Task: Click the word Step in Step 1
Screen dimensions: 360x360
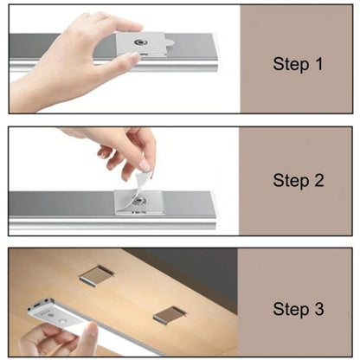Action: click(x=289, y=64)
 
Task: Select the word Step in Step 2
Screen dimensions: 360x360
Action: click(x=289, y=180)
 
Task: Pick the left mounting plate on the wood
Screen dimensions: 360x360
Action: click(x=98, y=275)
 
